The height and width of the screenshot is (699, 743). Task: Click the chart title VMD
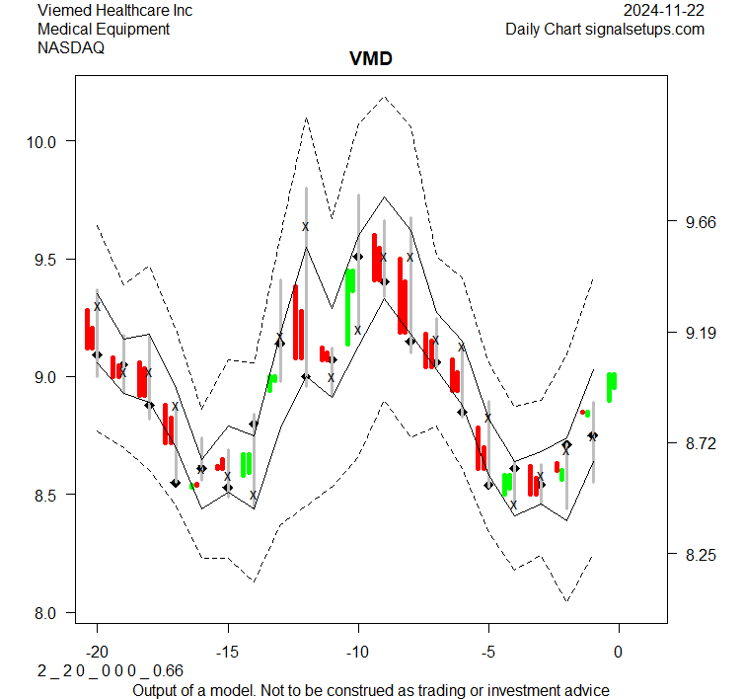click(x=371, y=58)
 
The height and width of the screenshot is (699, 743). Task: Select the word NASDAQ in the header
click(x=71, y=46)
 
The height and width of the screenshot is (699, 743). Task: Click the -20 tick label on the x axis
click(x=97, y=653)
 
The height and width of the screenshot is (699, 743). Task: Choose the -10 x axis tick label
click(x=357, y=653)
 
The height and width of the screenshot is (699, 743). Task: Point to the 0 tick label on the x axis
click(x=619, y=653)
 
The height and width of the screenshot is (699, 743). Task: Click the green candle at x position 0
click(x=612, y=386)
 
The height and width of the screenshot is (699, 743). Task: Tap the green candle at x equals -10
click(x=349, y=306)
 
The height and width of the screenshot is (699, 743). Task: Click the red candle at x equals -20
click(x=89, y=330)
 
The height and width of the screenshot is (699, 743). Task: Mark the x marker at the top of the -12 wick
click(x=306, y=226)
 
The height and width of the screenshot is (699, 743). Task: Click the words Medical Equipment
click(x=104, y=29)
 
